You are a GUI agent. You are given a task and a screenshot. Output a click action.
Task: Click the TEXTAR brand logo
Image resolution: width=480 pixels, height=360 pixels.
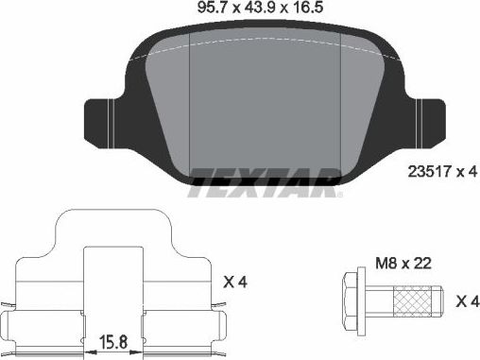coord(265,180)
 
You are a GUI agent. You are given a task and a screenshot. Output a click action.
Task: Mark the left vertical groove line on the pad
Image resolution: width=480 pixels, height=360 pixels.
coord(192,104)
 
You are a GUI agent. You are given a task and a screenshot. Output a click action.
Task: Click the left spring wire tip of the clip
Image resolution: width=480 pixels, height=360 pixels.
coord(9,304)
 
